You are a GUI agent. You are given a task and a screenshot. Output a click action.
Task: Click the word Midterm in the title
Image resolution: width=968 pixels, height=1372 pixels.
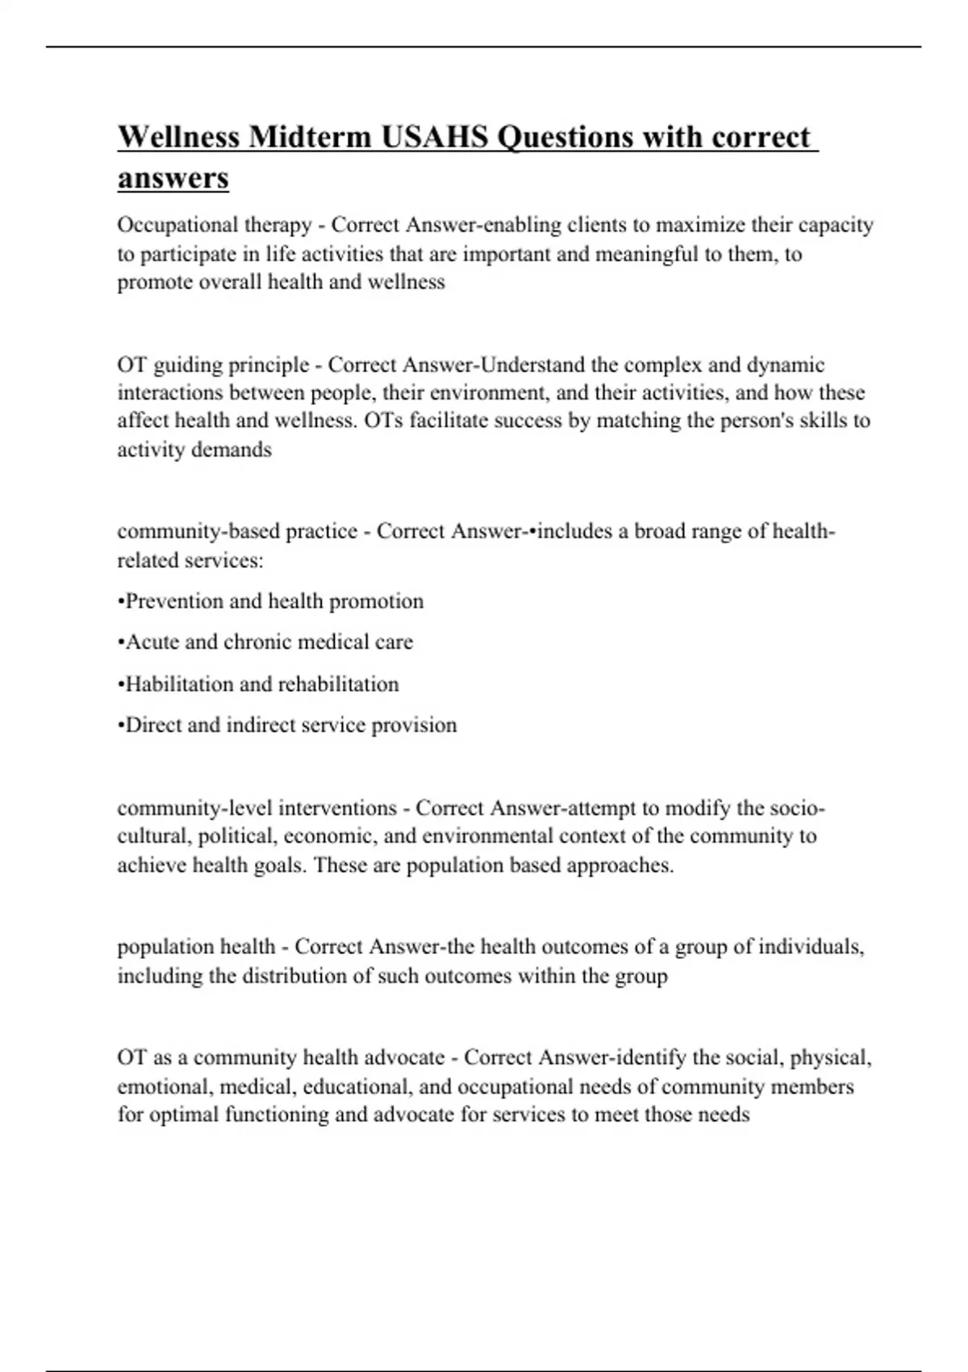tap(311, 137)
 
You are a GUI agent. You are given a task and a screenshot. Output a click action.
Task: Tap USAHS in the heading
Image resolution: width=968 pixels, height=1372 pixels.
tap(434, 137)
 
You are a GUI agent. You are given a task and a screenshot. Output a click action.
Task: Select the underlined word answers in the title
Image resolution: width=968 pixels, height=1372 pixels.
tap(173, 178)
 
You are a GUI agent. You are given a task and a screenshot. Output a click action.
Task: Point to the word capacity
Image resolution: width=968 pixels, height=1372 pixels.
tap(836, 225)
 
